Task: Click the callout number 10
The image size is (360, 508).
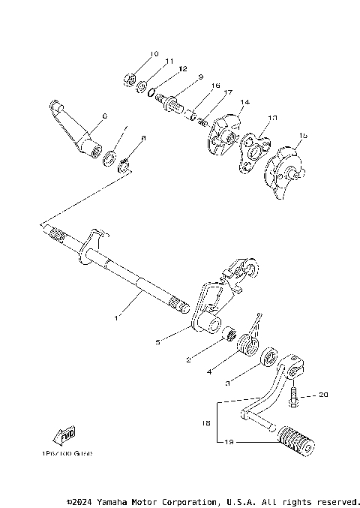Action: point(154,54)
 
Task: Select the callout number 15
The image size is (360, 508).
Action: point(302,137)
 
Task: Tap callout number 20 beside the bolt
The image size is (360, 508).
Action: point(324,394)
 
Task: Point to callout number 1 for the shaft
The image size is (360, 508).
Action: point(117,319)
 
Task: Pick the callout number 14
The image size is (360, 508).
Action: point(244,101)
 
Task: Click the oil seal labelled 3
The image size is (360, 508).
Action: point(268,357)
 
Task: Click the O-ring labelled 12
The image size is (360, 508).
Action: point(152,92)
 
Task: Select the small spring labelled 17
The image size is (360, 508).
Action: point(201,120)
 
